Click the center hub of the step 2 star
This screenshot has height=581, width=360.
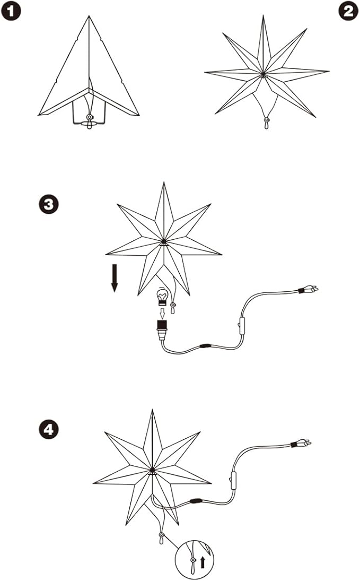tap(262, 75)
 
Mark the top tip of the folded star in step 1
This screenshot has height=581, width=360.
tap(89, 17)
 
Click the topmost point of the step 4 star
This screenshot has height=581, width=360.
tap(153, 410)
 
